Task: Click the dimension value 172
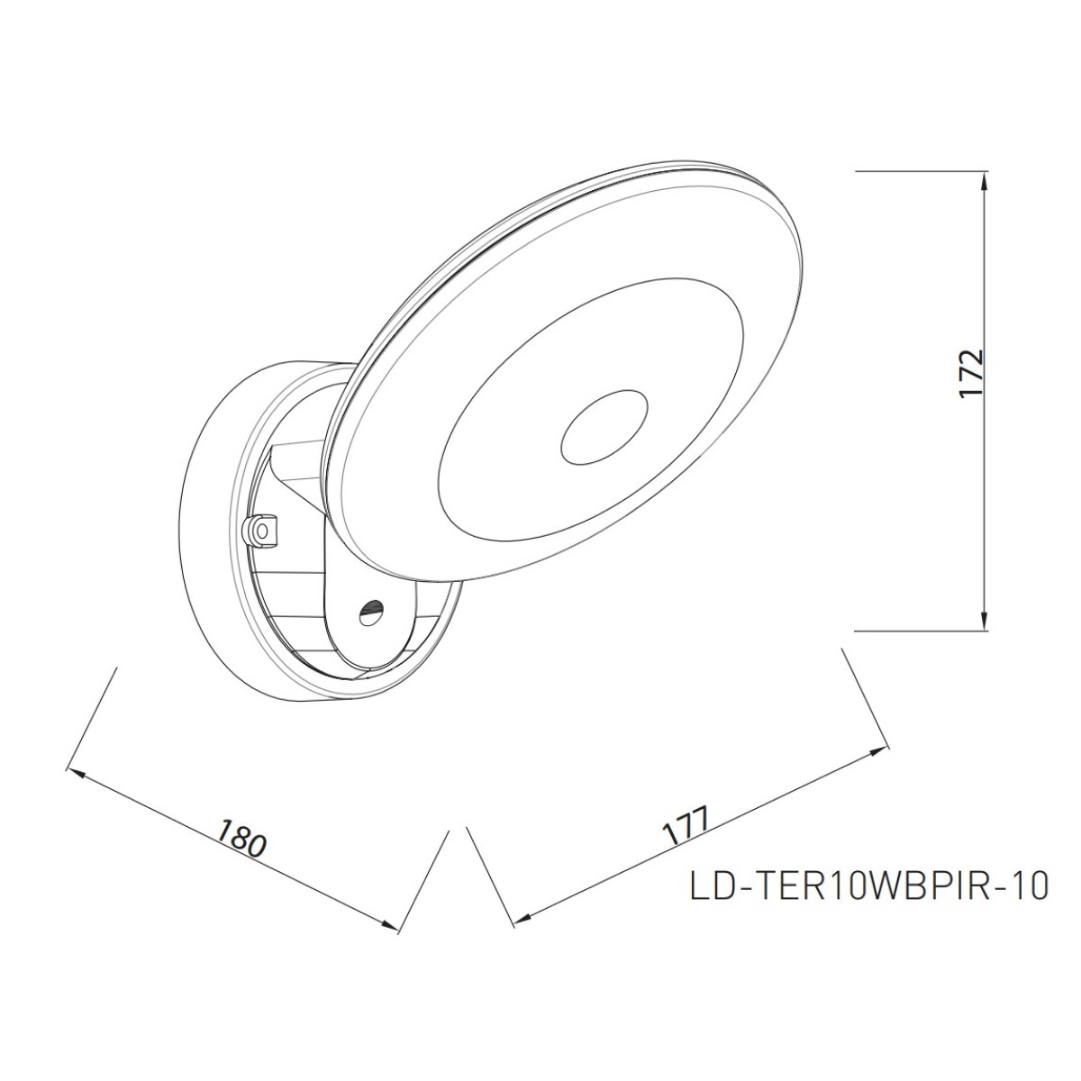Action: pyautogui.click(x=972, y=375)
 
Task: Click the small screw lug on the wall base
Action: pyautogui.click(x=261, y=529)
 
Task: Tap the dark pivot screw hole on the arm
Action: pyautogui.click(x=373, y=607)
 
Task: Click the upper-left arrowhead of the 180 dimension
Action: pyautogui.click(x=75, y=772)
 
